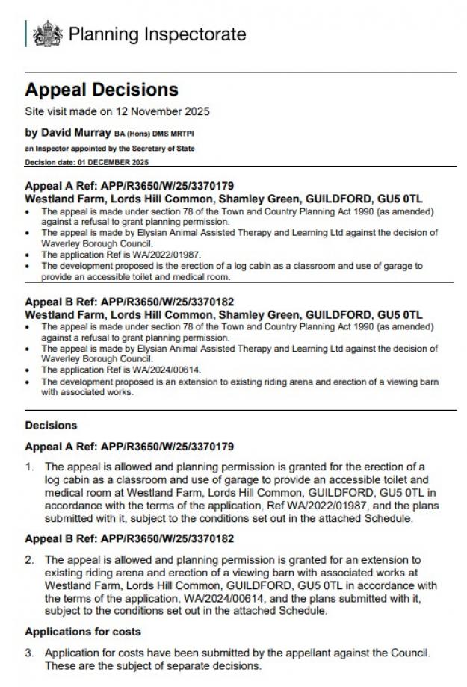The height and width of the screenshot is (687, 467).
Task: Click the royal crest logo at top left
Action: [49, 34]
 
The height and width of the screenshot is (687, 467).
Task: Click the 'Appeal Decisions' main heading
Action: [102, 90]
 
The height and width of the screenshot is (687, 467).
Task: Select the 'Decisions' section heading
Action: [51, 426]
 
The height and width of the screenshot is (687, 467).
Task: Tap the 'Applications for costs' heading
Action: [81, 632]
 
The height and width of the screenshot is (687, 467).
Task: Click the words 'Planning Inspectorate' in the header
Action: [157, 34]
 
